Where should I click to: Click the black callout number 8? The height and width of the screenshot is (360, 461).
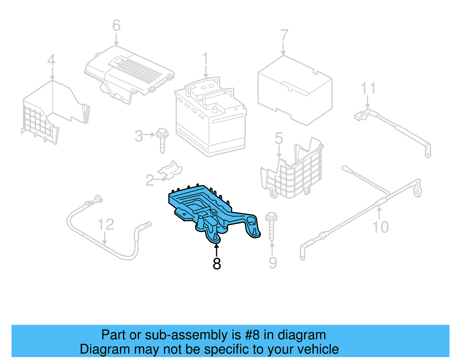click(217, 263)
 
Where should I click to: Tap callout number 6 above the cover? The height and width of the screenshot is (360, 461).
click(116, 25)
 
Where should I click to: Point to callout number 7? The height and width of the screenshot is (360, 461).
click(284, 35)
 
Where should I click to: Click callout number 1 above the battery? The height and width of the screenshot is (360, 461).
click(205, 59)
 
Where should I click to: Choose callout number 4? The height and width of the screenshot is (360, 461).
click(51, 61)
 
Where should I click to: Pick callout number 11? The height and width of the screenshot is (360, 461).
click(368, 88)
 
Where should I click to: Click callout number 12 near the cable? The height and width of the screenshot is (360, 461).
click(106, 224)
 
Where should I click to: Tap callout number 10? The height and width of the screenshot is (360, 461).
click(380, 227)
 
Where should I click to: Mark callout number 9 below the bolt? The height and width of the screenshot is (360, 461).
click(273, 263)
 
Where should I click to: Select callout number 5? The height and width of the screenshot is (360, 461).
click(279, 138)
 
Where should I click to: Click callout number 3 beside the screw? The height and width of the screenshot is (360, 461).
click(139, 136)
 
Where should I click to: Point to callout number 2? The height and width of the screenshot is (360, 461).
click(150, 180)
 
